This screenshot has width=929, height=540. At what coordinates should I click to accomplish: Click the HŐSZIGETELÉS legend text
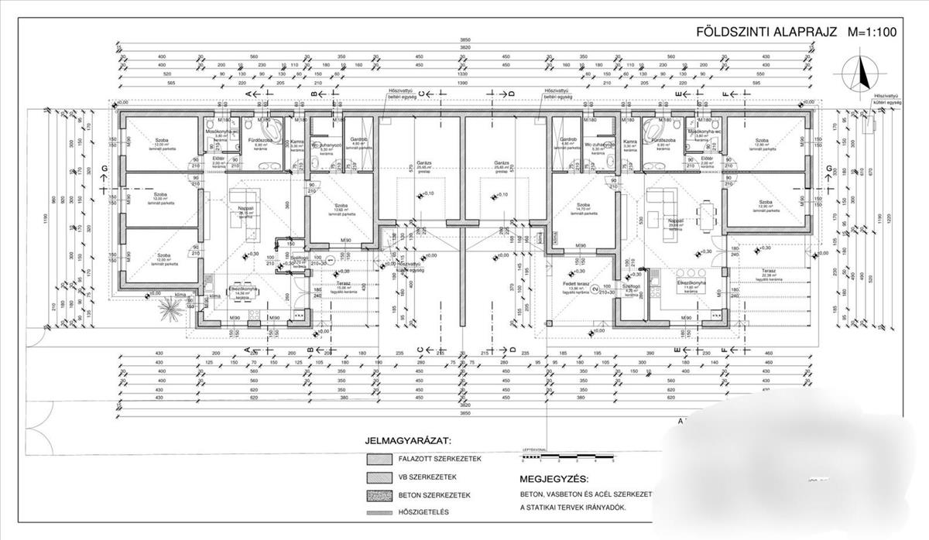[x=423, y=512]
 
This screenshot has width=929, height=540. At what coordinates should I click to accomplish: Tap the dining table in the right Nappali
[x=705, y=211]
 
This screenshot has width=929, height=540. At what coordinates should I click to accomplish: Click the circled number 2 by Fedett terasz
[x=595, y=278]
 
